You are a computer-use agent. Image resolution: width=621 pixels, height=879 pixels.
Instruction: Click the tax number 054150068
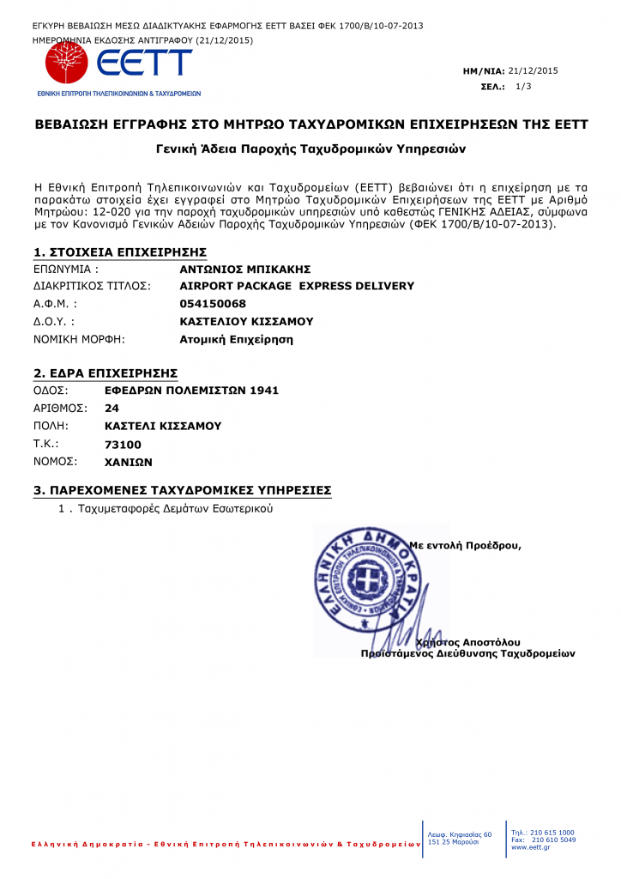[213, 304]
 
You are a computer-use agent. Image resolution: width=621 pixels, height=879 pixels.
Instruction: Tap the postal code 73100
[123, 444]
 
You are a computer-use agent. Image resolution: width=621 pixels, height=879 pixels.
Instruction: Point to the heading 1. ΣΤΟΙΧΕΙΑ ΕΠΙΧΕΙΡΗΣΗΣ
[120, 252]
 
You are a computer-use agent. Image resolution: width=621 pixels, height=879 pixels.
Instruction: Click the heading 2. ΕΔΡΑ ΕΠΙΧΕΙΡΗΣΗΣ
[106, 373]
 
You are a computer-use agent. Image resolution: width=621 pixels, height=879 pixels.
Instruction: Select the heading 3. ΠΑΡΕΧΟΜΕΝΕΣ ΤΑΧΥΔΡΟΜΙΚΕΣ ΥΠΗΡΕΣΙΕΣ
[182, 491]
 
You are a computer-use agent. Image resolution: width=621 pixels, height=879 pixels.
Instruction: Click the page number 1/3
[523, 87]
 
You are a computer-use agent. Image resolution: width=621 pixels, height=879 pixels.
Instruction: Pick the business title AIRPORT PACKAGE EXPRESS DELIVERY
[297, 286]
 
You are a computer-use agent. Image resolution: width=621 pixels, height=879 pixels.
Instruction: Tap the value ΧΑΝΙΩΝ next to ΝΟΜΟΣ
[128, 461]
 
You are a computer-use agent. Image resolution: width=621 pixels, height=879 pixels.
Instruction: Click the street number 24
[112, 409]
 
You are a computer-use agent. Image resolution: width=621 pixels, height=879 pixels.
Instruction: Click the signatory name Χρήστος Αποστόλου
[467, 642]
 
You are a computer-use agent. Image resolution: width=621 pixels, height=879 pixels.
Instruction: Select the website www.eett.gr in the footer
[530, 846]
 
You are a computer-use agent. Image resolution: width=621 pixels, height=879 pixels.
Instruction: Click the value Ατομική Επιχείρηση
[236, 339]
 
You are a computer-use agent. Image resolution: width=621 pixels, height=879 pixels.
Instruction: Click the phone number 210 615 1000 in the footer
[552, 832]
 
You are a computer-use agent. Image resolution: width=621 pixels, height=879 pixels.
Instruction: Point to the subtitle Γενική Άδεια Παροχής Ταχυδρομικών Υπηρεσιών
[310, 149]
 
